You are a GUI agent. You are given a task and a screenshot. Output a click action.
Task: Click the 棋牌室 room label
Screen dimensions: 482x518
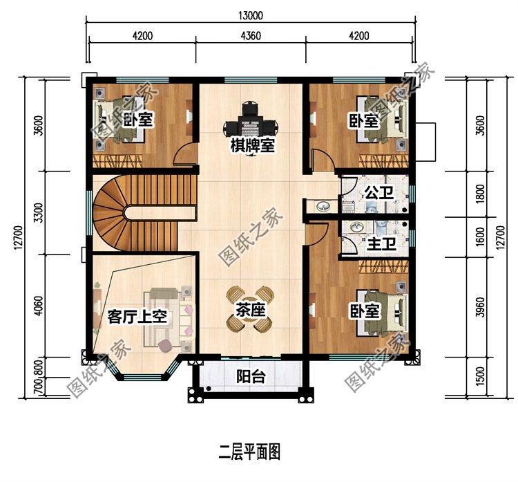[252, 146]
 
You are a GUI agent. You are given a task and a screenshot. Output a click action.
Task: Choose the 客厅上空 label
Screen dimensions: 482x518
[137, 317]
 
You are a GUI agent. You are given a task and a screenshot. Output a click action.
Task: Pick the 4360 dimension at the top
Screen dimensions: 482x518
[251, 35]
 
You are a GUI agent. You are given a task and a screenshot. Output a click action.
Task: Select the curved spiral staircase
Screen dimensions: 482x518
[117, 207]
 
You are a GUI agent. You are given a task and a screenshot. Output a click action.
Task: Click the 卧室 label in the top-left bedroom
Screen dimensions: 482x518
[137, 120]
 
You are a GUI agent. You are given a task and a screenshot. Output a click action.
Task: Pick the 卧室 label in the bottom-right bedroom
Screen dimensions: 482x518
[365, 312]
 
